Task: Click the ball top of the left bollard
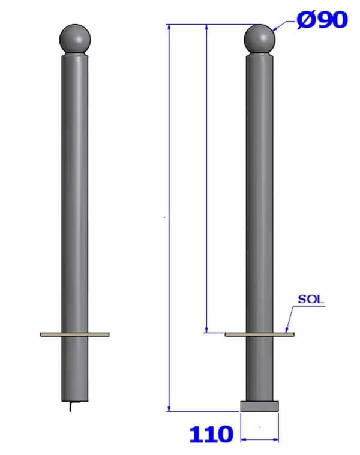point(75,39)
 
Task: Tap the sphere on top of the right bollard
point(259,39)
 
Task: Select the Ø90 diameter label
point(322,20)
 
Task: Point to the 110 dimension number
point(211,434)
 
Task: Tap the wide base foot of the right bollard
point(259,406)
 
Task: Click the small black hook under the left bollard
point(71,407)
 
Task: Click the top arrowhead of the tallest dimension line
point(170,27)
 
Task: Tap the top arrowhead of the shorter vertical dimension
point(206,27)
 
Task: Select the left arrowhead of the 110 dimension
point(243,440)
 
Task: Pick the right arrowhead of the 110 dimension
point(276,440)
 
